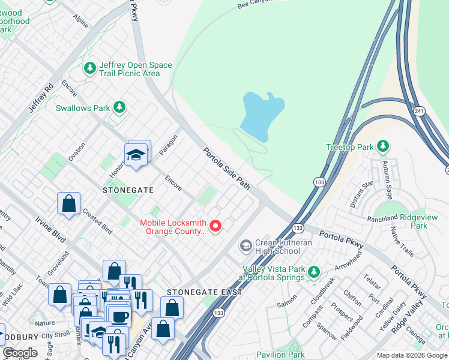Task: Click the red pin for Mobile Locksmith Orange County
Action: pos(215,226)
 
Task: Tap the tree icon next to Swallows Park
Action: pos(119,107)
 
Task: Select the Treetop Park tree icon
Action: pos(382,146)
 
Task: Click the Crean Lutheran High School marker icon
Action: pos(246,245)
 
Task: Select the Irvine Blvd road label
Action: pos(49,228)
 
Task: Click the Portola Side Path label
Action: pos(226,169)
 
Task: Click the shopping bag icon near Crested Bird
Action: pos(69,203)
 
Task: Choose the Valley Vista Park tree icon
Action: pos(313,273)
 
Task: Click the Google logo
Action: pos(20,353)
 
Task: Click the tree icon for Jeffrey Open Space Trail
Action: pos(91,68)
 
